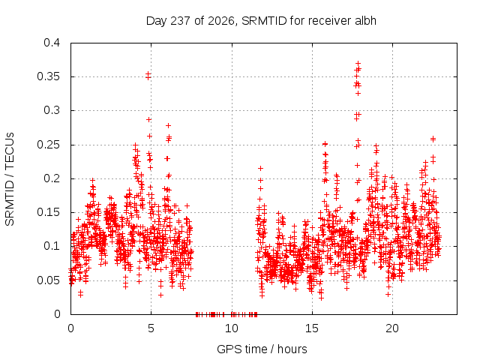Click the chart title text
261,21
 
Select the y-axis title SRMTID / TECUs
10,179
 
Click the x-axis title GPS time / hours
262,349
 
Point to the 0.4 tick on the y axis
52,43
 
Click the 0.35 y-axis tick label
48,76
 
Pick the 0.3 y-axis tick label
52,110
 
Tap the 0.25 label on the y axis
48,145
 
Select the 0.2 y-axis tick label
52,178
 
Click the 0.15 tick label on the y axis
48,212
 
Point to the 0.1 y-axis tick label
52,246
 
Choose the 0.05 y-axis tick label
48,280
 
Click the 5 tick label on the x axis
151,328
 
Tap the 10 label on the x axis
232,328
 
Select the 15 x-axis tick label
312,328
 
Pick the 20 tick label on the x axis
392,328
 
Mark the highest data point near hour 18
358,64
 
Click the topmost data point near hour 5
148,73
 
